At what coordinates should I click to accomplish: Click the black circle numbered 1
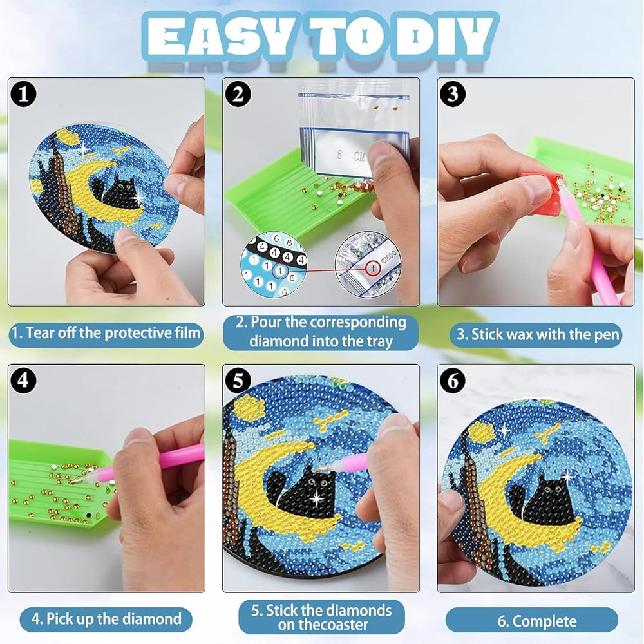pyautogui.click(x=23, y=94)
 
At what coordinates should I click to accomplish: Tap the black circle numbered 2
pyautogui.click(x=238, y=94)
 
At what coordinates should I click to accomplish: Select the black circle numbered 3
pyautogui.click(x=453, y=94)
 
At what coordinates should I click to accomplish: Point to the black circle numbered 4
pyautogui.click(x=23, y=381)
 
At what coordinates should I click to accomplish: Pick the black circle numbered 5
pyautogui.click(x=238, y=381)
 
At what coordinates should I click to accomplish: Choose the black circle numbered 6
pyautogui.click(x=453, y=381)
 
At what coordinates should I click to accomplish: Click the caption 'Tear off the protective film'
pyautogui.click(x=113, y=333)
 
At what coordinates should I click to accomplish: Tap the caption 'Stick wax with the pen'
pyautogui.click(x=545, y=335)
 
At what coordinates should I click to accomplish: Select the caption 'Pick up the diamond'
pyautogui.click(x=114, y=619)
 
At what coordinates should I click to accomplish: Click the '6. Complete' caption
pyautogui.click(x=537, y=621)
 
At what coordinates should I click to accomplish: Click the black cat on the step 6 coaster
pyautogui.click(x=544, y=502)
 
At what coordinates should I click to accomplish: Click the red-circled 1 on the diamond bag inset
pyautogui.click(x=373, y=269)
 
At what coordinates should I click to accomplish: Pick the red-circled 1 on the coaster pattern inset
pyautogui.click(x=279, y=270)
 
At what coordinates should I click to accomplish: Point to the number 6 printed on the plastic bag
pyautogui.click(x=339, y=155)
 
